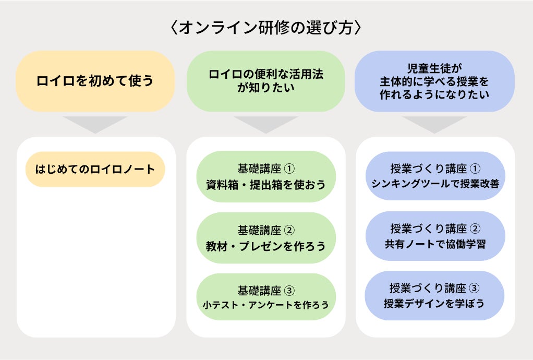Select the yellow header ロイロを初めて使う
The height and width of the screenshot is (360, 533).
point(95,81)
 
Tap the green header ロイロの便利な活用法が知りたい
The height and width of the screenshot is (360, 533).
point(266,81)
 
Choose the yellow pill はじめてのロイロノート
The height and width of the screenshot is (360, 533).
point(95,169)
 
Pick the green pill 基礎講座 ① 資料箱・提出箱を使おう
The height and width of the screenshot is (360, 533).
point(266,176)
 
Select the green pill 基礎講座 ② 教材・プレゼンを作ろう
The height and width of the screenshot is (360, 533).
point(266,237)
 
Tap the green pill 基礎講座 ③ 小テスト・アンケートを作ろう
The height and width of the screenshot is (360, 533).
point(266,296)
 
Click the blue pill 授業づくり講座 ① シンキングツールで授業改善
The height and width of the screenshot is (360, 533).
point(435,176)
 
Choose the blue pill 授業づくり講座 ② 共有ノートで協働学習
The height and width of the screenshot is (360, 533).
point(435,236)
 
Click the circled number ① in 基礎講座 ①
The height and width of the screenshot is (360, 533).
point(290,169)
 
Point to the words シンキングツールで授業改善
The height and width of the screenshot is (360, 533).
point(435,184)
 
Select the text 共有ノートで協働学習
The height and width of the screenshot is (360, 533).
point(435,244)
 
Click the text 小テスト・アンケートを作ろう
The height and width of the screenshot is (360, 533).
point(266,304)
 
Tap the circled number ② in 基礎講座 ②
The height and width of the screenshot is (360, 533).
point(290,230)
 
